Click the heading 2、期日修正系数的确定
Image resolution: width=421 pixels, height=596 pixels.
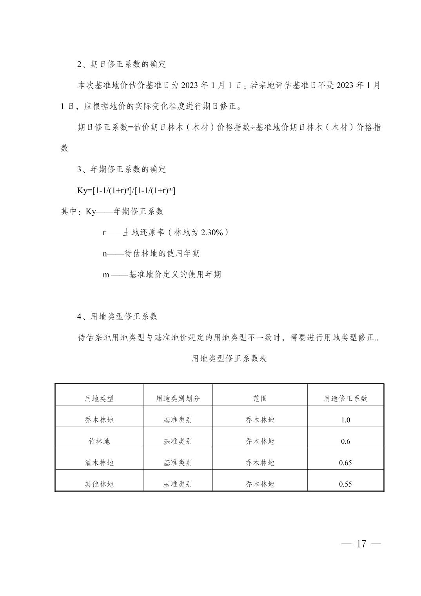pos(122,64)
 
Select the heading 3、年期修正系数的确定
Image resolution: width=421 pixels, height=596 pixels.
pos(122,169)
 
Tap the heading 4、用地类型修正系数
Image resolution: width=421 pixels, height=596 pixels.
pos(117,316)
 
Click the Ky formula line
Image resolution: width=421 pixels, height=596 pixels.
pos(126,191)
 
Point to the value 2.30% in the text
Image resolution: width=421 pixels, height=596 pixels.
pos(212,233)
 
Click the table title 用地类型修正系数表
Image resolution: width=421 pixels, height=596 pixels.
pos(229,358)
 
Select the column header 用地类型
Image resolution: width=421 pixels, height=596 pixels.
pos(99,398)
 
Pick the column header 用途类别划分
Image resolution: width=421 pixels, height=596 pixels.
pos(178,398)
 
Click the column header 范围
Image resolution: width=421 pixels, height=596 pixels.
pos(260,398)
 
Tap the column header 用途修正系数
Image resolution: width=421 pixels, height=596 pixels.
pos(345,398)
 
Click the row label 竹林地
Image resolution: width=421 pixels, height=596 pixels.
pos(99,441)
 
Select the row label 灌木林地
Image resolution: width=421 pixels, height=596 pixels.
pos(99,463)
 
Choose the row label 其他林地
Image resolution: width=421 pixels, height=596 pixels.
pos(99,484)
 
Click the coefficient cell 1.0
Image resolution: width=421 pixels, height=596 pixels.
pos(345,420)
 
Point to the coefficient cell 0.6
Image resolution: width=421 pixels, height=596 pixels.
pos(345,442)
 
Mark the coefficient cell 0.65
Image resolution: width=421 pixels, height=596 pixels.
pos(345,463)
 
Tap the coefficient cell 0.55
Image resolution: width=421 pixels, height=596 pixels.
pos(345,484)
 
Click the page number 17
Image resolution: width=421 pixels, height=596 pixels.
pos(361,544)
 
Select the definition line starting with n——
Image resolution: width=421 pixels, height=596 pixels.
pos(151,254)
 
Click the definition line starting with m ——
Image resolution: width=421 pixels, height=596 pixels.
pos(162,274)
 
